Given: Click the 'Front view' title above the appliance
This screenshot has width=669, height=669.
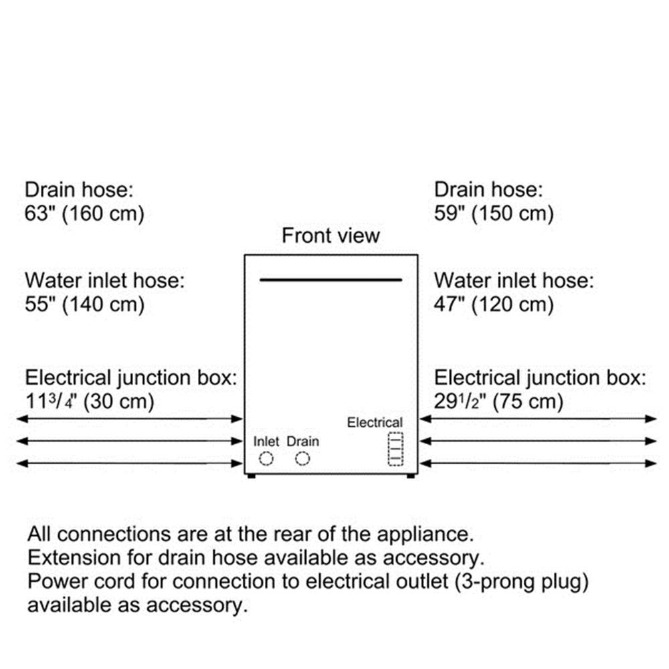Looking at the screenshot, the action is point(330,235).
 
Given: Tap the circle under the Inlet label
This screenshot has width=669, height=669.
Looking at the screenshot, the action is point(266,452).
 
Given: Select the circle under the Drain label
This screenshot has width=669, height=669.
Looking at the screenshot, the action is point(302,452).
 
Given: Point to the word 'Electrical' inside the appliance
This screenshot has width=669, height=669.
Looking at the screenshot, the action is point(375,422).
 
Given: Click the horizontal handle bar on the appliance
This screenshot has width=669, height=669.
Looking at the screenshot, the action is point(330,280).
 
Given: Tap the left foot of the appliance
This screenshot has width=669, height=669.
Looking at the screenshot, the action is point(252,476).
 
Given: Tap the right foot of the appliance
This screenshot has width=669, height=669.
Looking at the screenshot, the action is point(411,476).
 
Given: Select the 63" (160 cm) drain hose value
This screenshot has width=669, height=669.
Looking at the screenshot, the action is point(84,213).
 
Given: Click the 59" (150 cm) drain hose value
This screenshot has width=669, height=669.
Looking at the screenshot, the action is point(494,213).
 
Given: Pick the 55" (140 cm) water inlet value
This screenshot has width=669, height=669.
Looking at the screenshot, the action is point(84,304).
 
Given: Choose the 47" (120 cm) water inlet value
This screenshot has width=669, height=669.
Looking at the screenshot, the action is point(494,304).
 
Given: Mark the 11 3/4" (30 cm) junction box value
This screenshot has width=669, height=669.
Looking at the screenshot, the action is point(90,401).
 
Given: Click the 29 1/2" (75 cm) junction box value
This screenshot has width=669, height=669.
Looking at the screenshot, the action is point(499,401).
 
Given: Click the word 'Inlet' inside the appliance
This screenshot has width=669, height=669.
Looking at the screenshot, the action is point(266,441).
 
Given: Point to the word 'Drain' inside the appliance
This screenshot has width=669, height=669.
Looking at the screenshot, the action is point(303,441).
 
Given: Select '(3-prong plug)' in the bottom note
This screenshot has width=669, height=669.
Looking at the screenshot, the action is point(521,582).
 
